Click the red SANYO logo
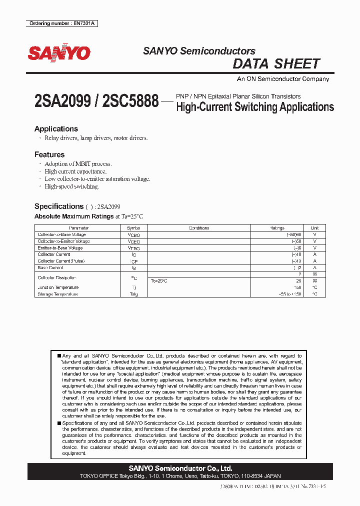(x=58, y=53)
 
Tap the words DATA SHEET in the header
(x=276, y=64)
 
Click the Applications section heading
(x=56, y=128)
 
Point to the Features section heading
(x=49, y=154)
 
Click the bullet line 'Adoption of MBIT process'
(x=78, y=163)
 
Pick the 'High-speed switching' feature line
(x=71, y=186)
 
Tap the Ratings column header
(x=277, y=228)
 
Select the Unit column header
(x=314, y=228)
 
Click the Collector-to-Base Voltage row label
(x=61, y=234)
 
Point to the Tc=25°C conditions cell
(x=159, y=281)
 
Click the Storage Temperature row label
(x=57, y=294)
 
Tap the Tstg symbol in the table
(x=133, y=294)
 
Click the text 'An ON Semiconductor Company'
(x=282, y=79)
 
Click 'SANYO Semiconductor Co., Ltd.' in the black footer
(x=180, y=468)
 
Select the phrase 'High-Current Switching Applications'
(x=255, y=106)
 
